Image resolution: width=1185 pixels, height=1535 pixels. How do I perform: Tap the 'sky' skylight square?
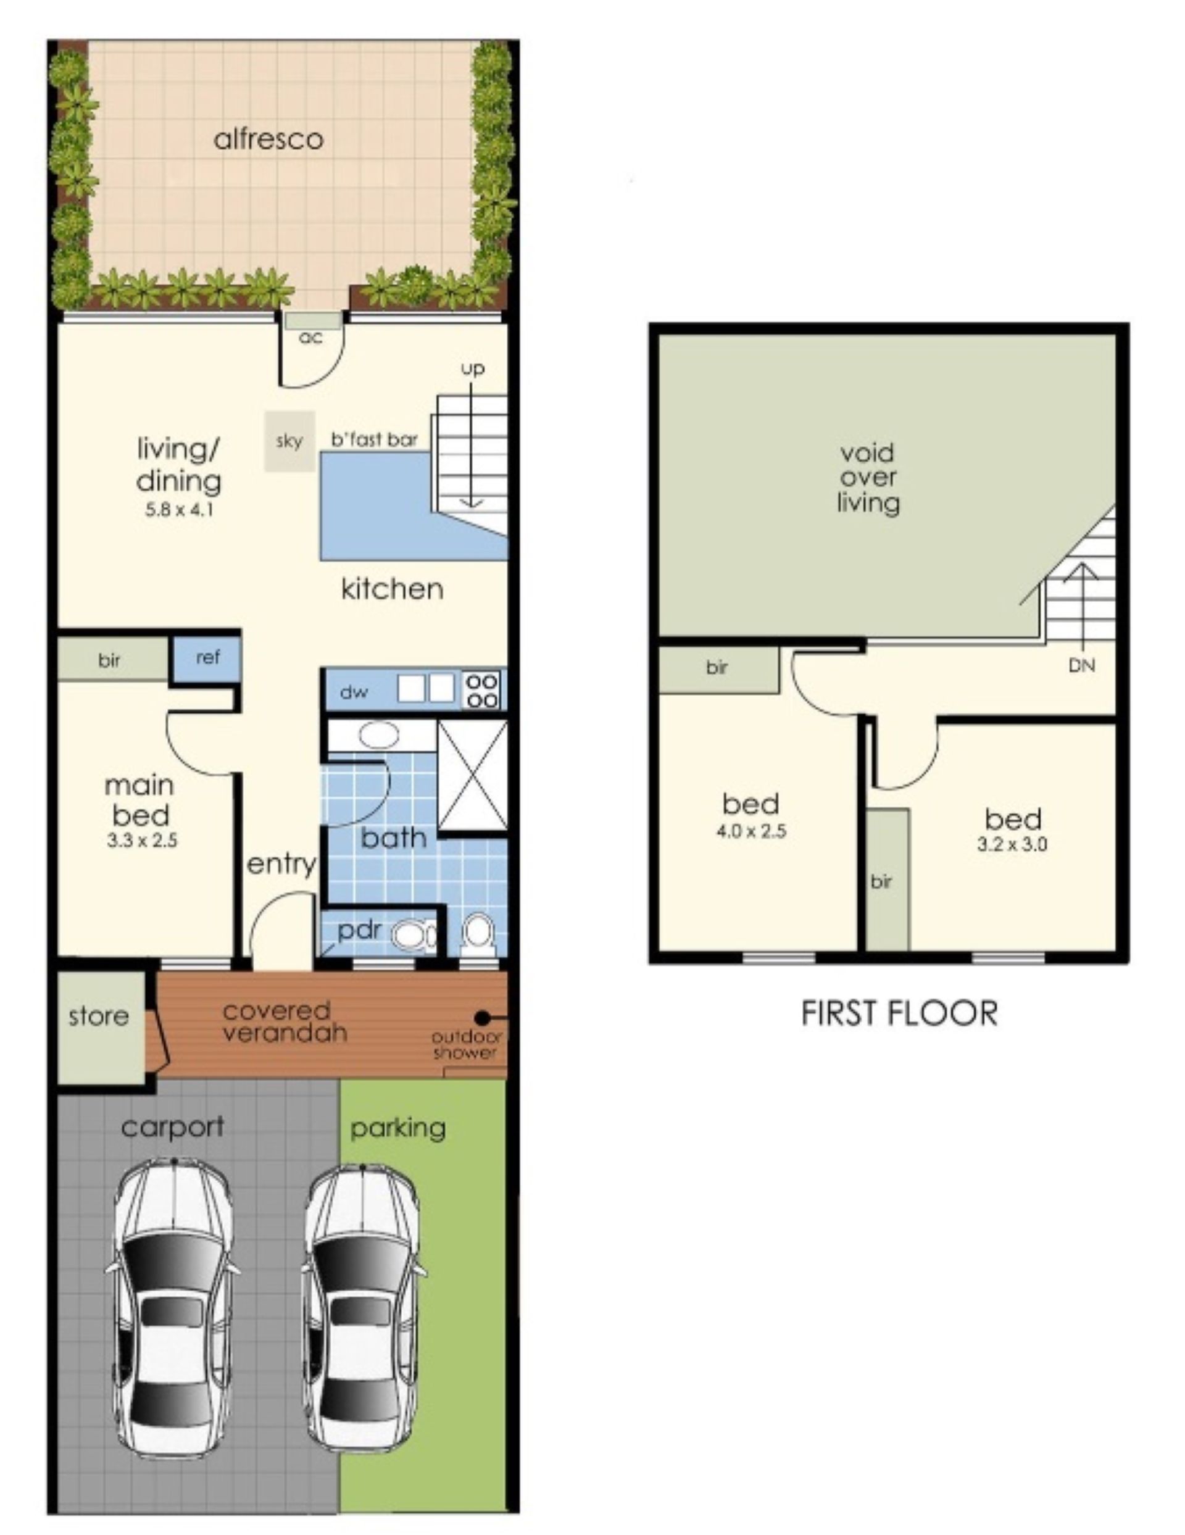click(x=289, y=441)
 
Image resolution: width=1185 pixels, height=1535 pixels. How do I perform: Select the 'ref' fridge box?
click(x=207, y=658)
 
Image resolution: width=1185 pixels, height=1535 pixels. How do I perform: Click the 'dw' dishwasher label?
click(x=354, y=693)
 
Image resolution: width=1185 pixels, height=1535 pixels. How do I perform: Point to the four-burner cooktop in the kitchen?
click(x=483, y=690)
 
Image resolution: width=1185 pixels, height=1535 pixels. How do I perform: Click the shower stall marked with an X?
click(x=472, y=775)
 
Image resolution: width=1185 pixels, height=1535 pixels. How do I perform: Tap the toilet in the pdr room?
click(x=414, y=936)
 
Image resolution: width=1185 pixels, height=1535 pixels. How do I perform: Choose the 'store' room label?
click(x=98, y=1017)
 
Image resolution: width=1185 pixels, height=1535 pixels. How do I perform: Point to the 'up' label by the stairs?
click(x=472, y=369)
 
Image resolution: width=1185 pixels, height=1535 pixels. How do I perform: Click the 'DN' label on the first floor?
click(x=1082, y=665)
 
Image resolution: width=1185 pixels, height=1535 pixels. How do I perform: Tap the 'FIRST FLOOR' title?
click(x=899, y=1013)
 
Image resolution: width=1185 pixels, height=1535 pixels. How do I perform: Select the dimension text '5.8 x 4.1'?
click(x=178, y=510)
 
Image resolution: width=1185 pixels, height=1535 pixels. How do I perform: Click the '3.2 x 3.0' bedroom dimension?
click(x=1012, y=844)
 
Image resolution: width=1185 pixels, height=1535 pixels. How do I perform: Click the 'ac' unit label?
click(x=310, y=338)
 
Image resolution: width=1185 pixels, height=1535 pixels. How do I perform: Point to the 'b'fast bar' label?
click(x=375, y=440)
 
